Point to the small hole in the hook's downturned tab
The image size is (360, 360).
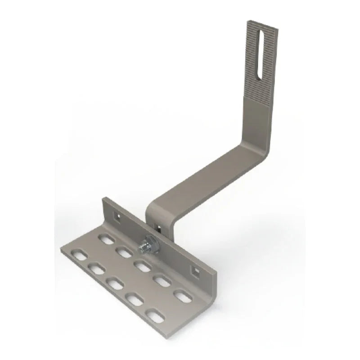(x=158, y=224)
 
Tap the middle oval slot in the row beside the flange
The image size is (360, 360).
(x=142, y=266)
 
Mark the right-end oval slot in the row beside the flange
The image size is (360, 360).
(x=182, y=297)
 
